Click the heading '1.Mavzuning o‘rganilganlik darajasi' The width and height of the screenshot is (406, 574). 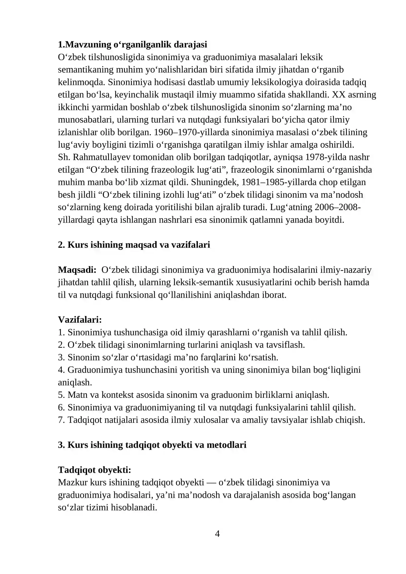coord(132,45)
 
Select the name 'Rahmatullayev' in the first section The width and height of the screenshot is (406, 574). coord(101,157)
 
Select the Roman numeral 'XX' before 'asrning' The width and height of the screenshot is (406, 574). coord(339,95)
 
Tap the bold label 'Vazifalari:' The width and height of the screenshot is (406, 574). coord(80,320)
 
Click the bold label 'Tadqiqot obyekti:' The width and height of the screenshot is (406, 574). coord(94,470)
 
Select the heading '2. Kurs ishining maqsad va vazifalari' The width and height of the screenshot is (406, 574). coord(134,245)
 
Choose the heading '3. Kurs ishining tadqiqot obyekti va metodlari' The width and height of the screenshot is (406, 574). coord(152,445)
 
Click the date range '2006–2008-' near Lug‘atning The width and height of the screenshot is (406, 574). coord(337,207)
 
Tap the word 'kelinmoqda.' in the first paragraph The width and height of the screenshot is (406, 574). coord(81,82)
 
